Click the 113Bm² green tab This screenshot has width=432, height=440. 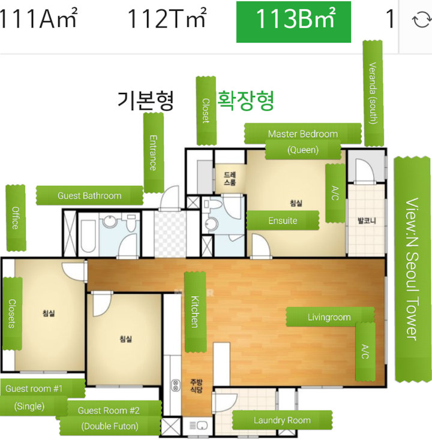pyautogui.click(x=293, y=22)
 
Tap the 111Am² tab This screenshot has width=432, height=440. pyautogui.click(x=38, y=19)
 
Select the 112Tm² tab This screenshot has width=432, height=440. pyautogui.click(x=167, y=19)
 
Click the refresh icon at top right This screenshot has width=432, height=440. pyautogui.click(x=422, y=20)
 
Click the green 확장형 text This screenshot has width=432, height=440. pyautogui.click(x=245, y=101)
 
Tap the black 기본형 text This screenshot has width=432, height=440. pyautogui.click(x=145, y=101)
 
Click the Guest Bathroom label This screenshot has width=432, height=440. pyautogui.click(x=89, y=195)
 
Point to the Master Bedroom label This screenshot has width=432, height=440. pyautogui.click(x=303, y=134)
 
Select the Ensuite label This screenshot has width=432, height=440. pyautogui.click(x=283, y=221)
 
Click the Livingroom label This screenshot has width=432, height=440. pyautogui.click(x=329, y=317)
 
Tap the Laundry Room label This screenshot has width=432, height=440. pyautogui.click(x=282, y=420)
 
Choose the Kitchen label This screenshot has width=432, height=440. pyautogui.click(x=195, y=312)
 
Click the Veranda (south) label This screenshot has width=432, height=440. pyautogui.click(x=373, y=93)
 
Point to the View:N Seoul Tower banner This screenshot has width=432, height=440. pyautogui.click(x=412, y=269)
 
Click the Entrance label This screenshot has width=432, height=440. pyautogui.click(x=154, y=153)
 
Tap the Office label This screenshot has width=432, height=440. pyautogui.click(x=16, y=218)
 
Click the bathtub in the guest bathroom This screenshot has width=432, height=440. pyautogui.click(x=88, y=236)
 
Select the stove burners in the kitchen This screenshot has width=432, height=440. pyautogui.click(x=176, y=385)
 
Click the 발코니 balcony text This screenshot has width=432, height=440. pyautogui.click(x=367, y=221)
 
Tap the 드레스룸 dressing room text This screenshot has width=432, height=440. pyautogui.click(x=230, y=179)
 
